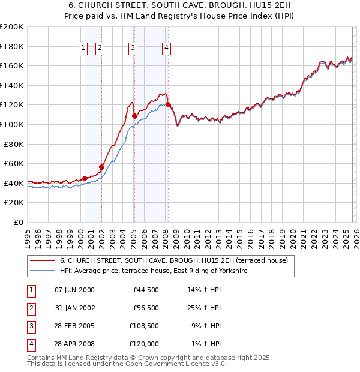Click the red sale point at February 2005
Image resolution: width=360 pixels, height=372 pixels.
(x=134, y=116)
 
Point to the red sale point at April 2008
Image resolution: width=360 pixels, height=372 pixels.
(x=168, y=105)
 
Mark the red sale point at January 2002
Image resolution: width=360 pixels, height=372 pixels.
(x=101, y=167)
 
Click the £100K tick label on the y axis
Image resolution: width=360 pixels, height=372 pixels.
(x=12, y=124)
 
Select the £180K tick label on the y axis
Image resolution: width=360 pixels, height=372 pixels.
(x=12, y=46)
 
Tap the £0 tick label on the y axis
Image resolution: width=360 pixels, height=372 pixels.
(x=18, y=222)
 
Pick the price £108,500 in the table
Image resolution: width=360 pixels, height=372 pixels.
(x=146, y=327)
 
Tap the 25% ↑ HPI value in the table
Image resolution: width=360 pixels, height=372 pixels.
(x=203, y=308)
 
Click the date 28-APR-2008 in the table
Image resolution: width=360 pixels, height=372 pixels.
(x=74, y=346)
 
